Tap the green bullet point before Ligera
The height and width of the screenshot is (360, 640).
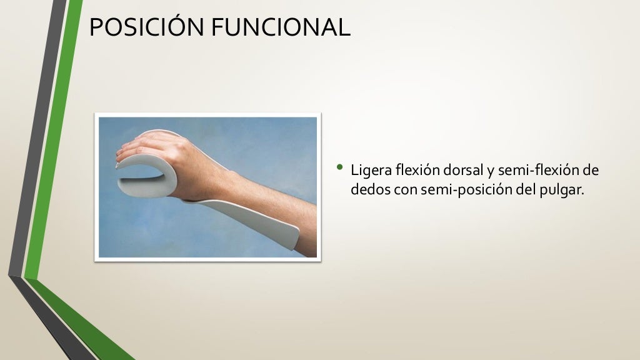340,167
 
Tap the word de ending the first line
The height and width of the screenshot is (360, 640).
591,170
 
